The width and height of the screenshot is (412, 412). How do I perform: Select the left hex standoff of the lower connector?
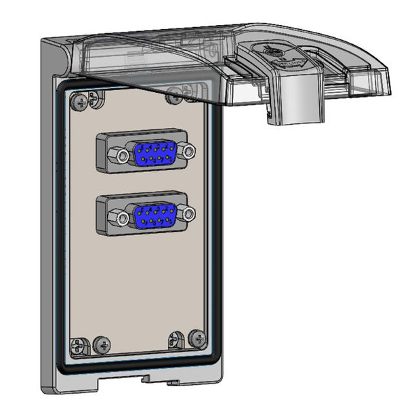coord(121,219)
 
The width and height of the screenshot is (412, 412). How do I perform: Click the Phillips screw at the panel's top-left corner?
coord(81,101)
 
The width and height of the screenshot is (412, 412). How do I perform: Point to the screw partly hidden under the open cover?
coord(174,96)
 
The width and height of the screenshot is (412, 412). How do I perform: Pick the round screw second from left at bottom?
coord(103,344)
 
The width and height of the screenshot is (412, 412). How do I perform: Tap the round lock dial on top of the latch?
coord(269,51)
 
